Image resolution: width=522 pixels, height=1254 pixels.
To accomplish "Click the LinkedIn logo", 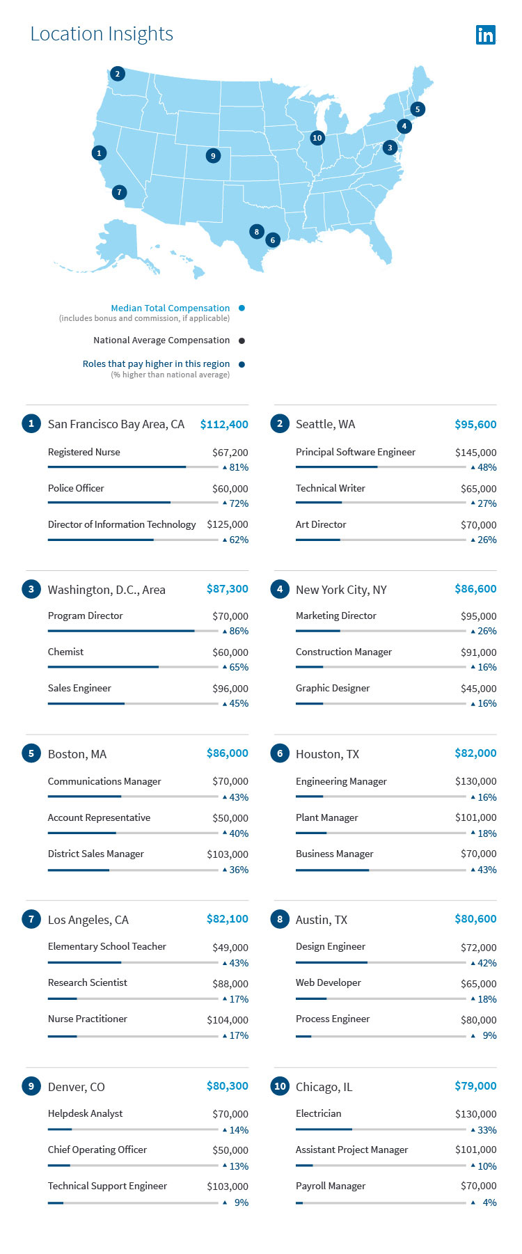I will (x=485, y=35).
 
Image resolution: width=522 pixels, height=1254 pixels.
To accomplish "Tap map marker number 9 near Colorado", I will (x=213, y=156).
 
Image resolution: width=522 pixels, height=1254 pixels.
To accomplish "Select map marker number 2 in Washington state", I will (x=118, y=74).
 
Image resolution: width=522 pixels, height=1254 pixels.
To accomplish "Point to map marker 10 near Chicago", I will (x=317, y=138).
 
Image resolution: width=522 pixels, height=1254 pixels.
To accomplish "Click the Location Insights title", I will (x=102, y=34).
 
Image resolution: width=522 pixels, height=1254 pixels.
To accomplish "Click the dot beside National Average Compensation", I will (x=242, y=340).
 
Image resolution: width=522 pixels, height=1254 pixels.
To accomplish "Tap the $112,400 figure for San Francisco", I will (x=224, y=424).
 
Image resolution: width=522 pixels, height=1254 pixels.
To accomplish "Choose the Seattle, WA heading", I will (x=325, y=424).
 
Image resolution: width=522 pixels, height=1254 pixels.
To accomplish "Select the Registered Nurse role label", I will (x=84, y=452).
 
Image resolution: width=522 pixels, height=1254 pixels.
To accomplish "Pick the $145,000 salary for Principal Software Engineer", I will (x=475, y=453).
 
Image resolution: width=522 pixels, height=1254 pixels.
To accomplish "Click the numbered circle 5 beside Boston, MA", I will (x=31, y=753).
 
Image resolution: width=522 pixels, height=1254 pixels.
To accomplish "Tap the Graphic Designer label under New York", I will (x=333, y=688).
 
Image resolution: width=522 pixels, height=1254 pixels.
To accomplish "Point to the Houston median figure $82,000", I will (x=475, y=753).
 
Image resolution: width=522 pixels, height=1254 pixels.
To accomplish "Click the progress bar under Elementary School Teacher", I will (x=132, y=962).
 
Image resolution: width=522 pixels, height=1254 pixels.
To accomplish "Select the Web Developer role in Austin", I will (x=328, y=982).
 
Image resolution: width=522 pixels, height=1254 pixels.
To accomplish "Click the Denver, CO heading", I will (x=76, y=1087).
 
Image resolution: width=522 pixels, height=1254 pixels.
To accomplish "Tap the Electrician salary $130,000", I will (x=475, y=1114).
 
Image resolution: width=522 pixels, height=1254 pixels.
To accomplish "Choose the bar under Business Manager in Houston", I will (x=380, y=870).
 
